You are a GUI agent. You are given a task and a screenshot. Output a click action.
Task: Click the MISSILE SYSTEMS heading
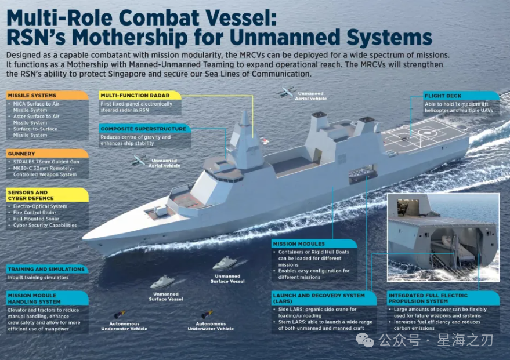point(32,95)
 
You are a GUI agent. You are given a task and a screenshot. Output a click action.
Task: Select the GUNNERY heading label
point(22,154)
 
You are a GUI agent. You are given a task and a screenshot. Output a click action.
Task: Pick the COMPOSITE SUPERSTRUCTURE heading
point(143,129)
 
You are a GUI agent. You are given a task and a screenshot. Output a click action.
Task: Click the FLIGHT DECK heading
point(443,95)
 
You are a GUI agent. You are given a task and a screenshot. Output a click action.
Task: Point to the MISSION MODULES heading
point(299,244)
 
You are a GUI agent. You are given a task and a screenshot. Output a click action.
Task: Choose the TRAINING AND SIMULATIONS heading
point(46,270)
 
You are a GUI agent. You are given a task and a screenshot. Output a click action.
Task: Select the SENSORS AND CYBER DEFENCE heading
point(27,195)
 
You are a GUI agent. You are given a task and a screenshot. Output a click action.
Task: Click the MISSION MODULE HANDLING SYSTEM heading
point(34,298)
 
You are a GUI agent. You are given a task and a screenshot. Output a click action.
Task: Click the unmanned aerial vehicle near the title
point(288,92)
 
